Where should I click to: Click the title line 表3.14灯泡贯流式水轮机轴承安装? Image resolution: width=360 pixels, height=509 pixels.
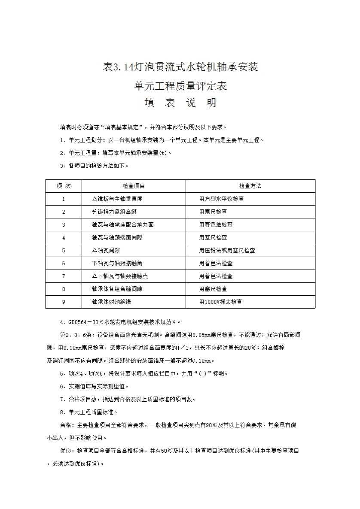(x=180, y=67)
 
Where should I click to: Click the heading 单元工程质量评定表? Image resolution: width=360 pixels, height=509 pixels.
(x=180, y=86)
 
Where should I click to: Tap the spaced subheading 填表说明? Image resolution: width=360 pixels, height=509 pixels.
(x=180, y=103)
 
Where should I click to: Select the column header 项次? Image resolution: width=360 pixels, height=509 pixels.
(x=64, y=186)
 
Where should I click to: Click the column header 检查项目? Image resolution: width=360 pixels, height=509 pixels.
(x=134, y=186)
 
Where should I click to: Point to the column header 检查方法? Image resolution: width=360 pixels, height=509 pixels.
(x=250, y=186)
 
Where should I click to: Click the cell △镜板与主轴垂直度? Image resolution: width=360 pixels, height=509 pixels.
(x=117, y=199)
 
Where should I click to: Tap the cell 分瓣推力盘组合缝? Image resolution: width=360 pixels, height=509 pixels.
(x=114, y=212)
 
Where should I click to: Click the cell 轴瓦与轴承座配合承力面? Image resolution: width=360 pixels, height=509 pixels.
(x=122, y=224)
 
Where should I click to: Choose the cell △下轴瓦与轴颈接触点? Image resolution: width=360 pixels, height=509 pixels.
(x=120, y=276)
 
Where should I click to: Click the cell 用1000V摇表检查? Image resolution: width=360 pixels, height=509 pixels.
(x=220, y=302)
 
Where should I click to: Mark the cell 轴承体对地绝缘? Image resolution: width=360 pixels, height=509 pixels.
(x=111, y=302)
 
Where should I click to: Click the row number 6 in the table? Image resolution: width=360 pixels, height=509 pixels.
(x=64, y=263)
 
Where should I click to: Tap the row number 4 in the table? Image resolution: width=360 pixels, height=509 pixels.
(x=64, y=237)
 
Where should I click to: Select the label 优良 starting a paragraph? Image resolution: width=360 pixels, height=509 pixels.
(x=66, y=451)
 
